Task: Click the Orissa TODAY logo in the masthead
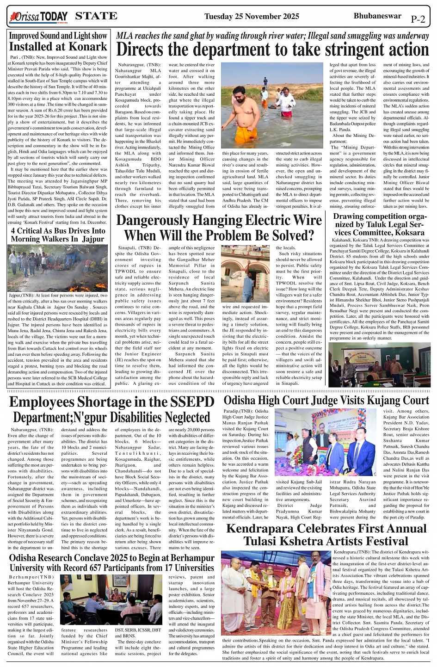click(x=38, y=17)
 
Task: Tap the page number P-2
click(x=418, y=19)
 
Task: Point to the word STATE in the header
click(x=96, y=16)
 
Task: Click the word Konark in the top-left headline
click(x=88, y=47)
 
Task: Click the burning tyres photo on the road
click(x=58, y=268)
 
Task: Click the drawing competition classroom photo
click(x=379, y=364)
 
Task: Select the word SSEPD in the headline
click(x=191, y=402)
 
